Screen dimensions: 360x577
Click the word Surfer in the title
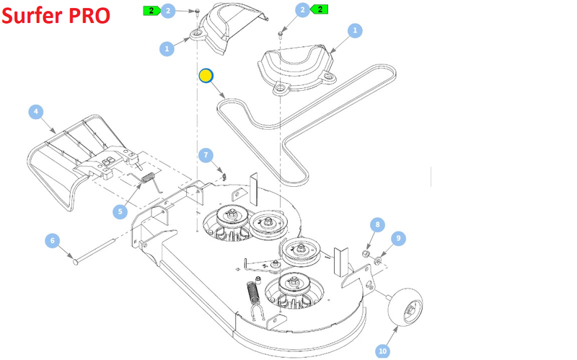[x=32, y=16]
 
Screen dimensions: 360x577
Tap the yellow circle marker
[x=205, y=75]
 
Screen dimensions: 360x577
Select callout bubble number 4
[x=35, y=112]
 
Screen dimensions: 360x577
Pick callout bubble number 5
[x=120, y=211]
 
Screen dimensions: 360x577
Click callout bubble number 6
[x=53, y=240]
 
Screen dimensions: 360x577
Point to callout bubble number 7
[x=206, y=155]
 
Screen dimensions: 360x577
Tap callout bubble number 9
[x=397, y=239]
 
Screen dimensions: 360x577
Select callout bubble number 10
[x=382, y=351]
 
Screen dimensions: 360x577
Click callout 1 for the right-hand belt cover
[x=354, y=31]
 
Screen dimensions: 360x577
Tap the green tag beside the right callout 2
[x=320, y=9]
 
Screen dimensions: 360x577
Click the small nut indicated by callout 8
[x=366, y=254]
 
